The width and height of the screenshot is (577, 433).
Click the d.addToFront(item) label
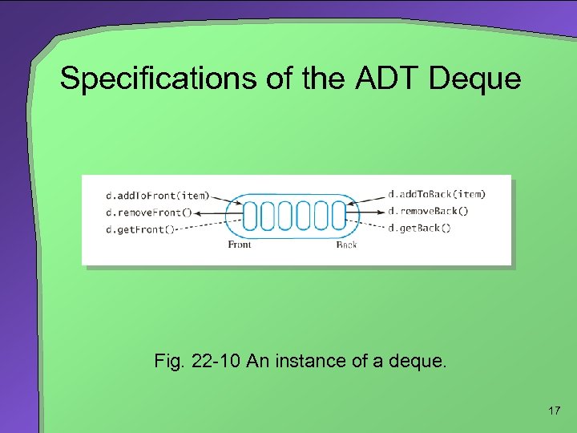point(158,195)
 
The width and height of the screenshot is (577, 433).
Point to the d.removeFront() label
point(148,213)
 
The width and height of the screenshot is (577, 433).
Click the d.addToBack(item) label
point(436,194)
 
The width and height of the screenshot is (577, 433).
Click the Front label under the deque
point(239,245)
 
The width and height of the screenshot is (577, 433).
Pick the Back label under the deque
point(346,245)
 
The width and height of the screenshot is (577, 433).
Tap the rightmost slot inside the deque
point(338,215)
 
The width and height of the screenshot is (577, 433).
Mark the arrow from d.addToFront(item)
point(228,199)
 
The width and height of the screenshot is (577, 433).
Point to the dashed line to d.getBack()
point(369,227)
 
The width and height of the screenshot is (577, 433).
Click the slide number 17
point(553,411)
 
